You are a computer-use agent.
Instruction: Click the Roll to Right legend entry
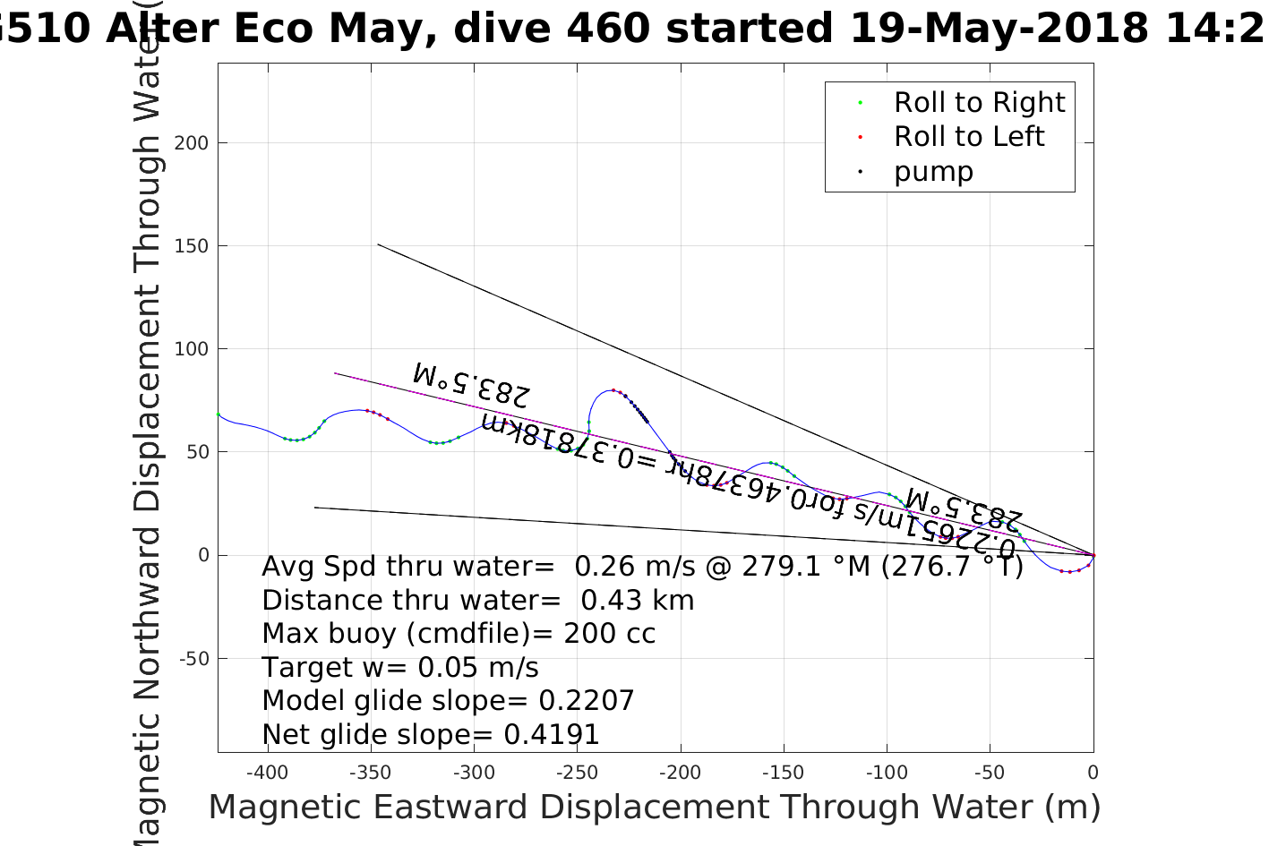979,103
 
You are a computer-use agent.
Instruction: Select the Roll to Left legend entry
968,137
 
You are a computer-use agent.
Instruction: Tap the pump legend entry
932,171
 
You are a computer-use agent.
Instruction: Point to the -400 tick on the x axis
265,773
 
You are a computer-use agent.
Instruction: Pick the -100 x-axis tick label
886,773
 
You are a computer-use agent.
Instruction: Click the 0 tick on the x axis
1093,773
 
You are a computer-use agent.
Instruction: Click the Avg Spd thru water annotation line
641,567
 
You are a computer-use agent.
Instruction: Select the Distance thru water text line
477,601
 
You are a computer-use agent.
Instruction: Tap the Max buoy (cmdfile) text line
458,634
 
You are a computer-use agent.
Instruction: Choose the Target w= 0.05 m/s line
399,668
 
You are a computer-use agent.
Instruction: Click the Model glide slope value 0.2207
586,701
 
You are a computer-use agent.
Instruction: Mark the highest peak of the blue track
613,389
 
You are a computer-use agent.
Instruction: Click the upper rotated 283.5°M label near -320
472,383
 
